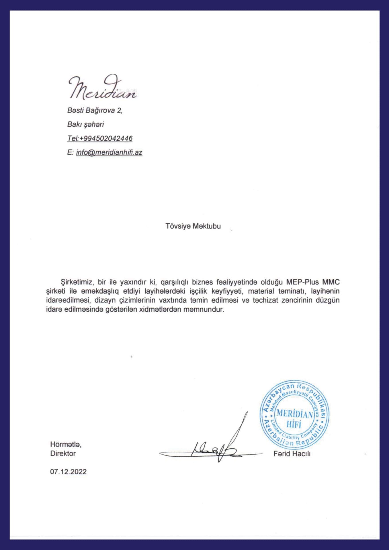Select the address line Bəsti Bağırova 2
(95, 111)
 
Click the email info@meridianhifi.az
(109, 152)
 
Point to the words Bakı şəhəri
(85, 125)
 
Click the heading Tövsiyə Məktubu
(193, 226)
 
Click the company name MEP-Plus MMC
(313, 282)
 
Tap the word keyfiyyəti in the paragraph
(228, 291)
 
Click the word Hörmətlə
(66, 445)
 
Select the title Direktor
(63, 454)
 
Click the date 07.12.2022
(68, 472)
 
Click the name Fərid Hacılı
(292, 454)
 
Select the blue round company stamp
(294, 415)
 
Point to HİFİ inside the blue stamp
(294, 424)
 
